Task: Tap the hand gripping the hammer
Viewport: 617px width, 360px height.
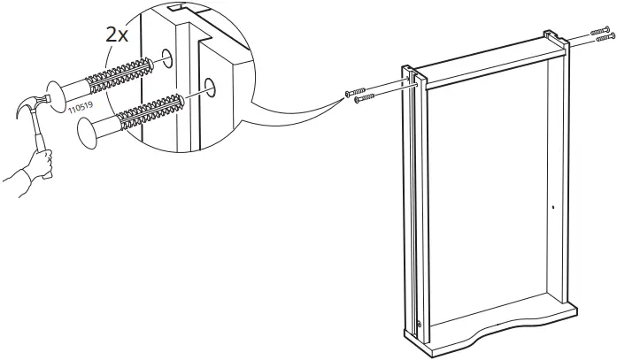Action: coord(38,163)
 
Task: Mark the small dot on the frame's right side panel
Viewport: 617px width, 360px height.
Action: coord(552,207)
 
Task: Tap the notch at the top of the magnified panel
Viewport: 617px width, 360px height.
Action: coord(181,11)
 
